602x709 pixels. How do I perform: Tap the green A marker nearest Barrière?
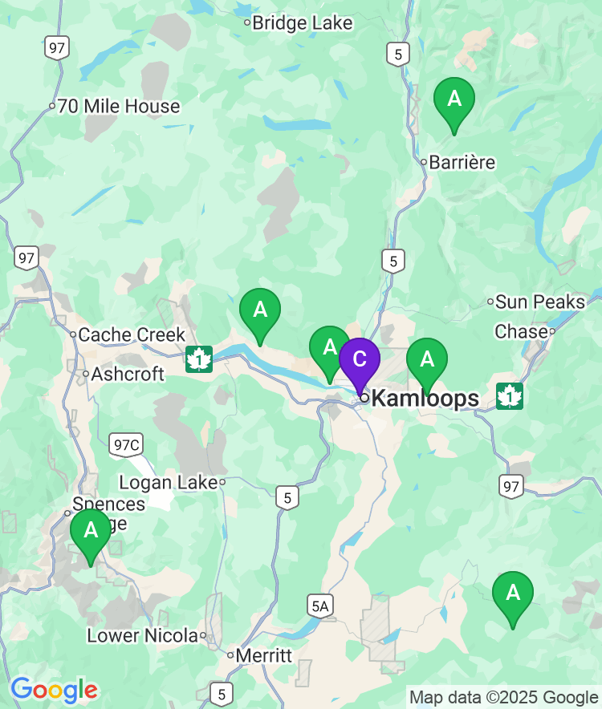coord(454,100)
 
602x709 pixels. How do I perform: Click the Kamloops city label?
coord(425,398)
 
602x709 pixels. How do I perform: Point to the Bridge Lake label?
coord(302,22)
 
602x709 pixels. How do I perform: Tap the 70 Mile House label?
coord(118,106)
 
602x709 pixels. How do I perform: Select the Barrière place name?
coord(462,162)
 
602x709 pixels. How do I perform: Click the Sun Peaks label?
coord(539,302)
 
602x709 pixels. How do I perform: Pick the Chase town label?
coord(520,331)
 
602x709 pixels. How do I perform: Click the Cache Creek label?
coord(132,334)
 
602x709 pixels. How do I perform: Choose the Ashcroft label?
coord(127,374)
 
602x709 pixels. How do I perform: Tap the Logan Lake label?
coord(168,482)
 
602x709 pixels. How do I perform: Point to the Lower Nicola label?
coord(142,636)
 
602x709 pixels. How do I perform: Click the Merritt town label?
coord(264,655)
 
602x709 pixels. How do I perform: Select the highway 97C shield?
coord(125,444)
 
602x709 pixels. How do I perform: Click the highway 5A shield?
coord(319,606)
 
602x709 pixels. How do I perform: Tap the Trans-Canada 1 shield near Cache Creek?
coord(198,359)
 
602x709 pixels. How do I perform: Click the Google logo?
coord(54,689)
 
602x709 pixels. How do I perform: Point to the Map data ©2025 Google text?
coord(503,697)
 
